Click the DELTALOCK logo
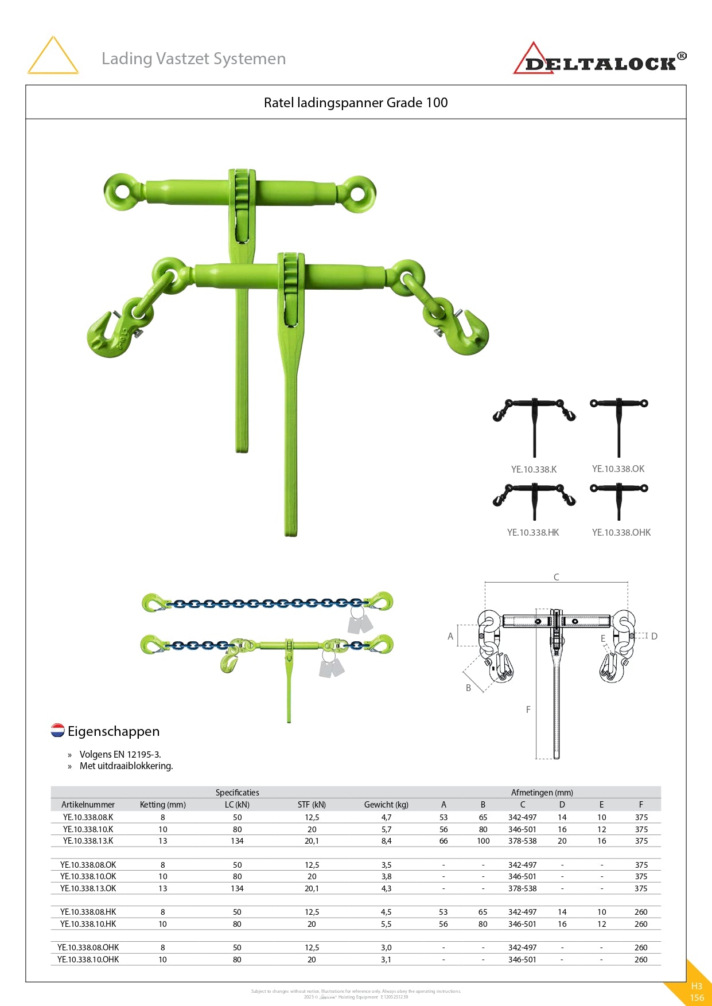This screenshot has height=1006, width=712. coord(600,60)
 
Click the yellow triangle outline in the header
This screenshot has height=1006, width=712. coord(53,56)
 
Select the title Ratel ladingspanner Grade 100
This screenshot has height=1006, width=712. coord(356,103)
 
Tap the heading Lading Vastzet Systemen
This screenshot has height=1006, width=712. coord(193,59)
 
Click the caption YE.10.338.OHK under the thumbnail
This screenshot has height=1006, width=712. coord(621,532)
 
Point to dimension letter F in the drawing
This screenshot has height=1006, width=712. coord(528,709)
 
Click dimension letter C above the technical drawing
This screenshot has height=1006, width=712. coord(556,577)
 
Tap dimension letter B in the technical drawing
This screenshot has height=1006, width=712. coord(468,688)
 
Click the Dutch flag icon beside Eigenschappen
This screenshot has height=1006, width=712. coord(57,730)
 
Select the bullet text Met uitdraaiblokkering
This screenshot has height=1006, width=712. coord(126,766)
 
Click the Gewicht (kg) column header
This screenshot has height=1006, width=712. coord(386,805)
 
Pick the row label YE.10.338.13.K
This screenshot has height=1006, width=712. coord(88,841)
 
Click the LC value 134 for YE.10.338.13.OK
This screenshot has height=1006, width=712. coord(237,888)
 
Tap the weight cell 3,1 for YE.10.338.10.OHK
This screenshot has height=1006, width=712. coord(386,960)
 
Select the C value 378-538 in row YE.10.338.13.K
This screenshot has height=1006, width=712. coord(522,841)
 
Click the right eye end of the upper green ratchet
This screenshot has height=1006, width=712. coord(357,193)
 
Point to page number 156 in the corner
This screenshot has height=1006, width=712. coord(697,997)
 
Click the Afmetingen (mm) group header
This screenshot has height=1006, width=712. coord(542,793)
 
